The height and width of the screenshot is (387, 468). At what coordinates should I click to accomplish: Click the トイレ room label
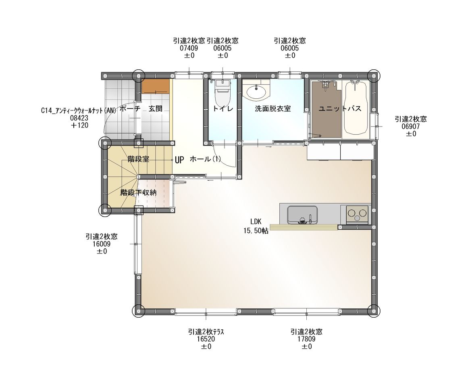click(223, 108)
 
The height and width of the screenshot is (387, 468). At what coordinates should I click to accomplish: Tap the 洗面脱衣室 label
click(273, 108)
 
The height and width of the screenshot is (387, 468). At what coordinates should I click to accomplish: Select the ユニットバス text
click(340, 108)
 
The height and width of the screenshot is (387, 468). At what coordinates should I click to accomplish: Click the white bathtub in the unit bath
click(356, 108)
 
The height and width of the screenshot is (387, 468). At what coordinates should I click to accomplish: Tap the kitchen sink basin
click(302, 214)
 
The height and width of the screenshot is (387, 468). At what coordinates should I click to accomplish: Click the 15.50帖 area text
click(256, 231)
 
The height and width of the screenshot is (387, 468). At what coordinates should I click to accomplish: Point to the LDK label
click(256, 221)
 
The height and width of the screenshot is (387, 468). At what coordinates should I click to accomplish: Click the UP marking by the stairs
click(179, 160)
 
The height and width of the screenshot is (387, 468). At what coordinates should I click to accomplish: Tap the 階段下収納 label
click(138, 193)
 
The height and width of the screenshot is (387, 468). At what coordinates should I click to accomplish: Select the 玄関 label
click(156, 108)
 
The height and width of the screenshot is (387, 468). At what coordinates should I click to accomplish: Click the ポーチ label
click(130, 108)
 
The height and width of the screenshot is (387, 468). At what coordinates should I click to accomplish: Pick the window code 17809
click(306, 339)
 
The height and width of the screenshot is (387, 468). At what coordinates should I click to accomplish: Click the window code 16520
click(206, 339)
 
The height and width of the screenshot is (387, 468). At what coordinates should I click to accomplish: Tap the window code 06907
click(411, 126)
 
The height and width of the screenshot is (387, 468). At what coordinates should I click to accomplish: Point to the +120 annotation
click(79, 125)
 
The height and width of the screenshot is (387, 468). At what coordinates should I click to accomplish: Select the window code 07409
click(189, 48)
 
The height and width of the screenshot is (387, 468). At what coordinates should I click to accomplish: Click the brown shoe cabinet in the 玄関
click(156, 86)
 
